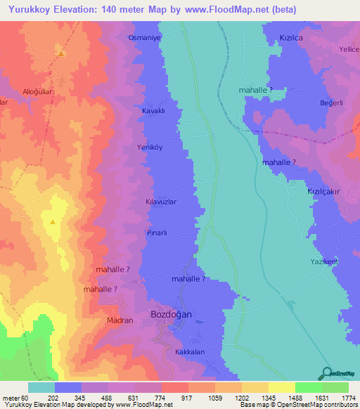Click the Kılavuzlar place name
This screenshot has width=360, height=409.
pos(160,201)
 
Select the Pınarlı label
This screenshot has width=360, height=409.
pos(157,231)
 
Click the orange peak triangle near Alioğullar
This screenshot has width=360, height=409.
pos(62,53)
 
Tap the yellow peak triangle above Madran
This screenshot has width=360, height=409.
pos(53,222)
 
